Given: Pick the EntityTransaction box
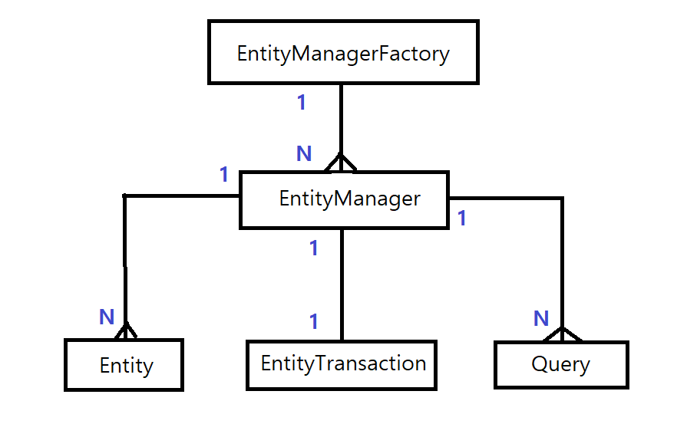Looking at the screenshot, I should pos(342,364).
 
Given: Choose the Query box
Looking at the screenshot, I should pos(561,364).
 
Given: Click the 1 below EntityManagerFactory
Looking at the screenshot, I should pos(302,102).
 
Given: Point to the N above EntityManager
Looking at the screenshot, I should pos(304,154).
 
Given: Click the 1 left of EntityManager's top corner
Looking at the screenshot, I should pos(224,175).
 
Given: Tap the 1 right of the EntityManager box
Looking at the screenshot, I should pos(461,219).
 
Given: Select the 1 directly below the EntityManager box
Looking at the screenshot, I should pos(313,248).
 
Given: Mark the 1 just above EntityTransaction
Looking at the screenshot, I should pos(313,321).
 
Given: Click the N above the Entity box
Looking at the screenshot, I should pos(107,317).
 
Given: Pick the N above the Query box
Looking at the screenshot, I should pos(541,318).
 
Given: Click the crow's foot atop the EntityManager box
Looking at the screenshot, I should pos(341,163).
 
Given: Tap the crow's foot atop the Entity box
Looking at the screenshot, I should pos(125,331).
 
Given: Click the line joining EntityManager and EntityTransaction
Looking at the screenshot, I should pos(342,284).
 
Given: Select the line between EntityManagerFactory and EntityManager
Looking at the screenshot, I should pos(341,119).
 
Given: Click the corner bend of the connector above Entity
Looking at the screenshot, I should pos(125,196).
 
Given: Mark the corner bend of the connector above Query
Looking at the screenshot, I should pos(562,199).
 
